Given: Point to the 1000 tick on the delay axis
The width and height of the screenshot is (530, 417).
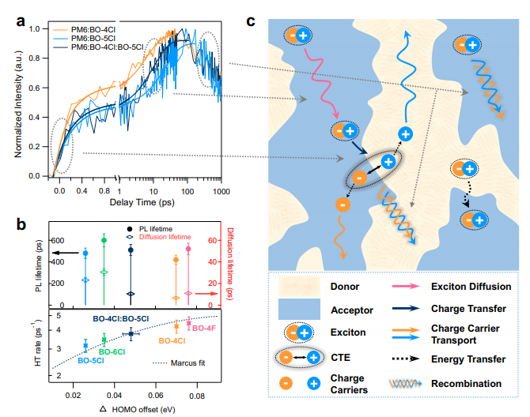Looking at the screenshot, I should (x=221, y=192).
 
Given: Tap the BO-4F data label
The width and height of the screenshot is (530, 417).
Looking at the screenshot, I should (x=204, y=328).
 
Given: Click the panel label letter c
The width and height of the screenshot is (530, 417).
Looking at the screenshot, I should (x=251, y=19).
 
